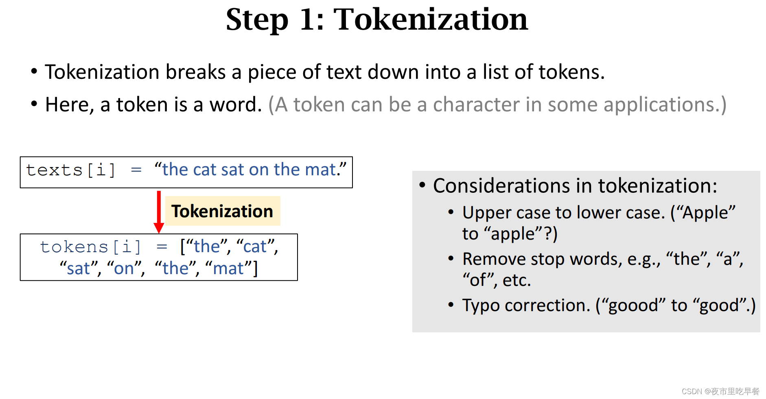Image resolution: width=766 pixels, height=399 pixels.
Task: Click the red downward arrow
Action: [x=159, y=211]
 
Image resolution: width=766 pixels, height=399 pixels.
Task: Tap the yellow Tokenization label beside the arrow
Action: [x=223, y=211]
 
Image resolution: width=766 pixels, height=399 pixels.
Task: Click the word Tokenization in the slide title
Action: [x=431, y=19]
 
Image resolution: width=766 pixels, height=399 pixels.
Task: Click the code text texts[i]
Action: [x=71, y=170]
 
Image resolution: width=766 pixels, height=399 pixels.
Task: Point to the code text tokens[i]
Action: [x=90, y=247]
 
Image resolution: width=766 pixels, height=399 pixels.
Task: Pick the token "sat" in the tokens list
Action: [x=79, y=268]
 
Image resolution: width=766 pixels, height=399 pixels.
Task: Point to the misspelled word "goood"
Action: [x=633, y=305]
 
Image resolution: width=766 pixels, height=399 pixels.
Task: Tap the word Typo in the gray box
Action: [x=481, y=305]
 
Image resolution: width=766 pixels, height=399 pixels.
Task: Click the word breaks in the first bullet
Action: [x=195, y=72]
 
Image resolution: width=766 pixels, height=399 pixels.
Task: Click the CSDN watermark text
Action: [x=720, y=391]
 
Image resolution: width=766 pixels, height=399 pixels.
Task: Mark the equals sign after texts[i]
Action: [x=136, y=170]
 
